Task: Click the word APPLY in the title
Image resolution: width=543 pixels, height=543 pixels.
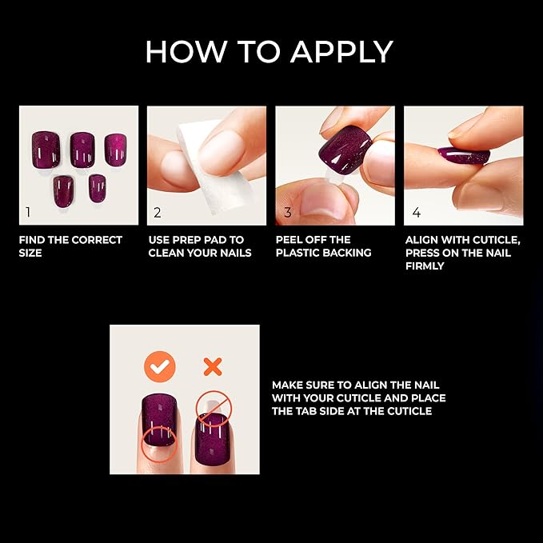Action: coord(341,52)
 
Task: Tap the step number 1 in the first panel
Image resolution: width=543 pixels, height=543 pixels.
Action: coord(29,213)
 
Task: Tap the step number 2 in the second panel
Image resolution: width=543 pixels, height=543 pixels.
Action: coord(158,213)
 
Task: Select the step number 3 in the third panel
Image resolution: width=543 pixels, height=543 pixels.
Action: coord(287,213)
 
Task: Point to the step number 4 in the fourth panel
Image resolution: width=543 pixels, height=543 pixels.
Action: coord(416,213)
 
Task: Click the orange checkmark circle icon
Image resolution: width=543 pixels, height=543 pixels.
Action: coord(160,366)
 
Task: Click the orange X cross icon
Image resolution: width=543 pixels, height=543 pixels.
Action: coord(212,366)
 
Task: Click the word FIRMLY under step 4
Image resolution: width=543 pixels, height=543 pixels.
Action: coord(425,266)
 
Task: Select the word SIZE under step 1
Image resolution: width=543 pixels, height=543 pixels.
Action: coord(31,254)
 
